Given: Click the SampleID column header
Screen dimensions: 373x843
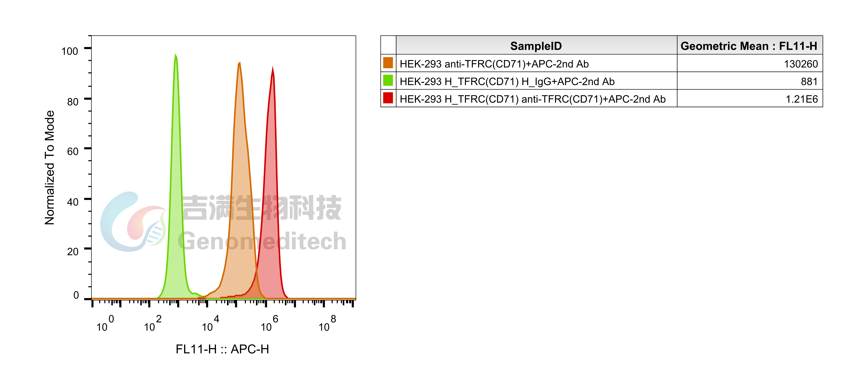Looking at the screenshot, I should (x=536, y=46).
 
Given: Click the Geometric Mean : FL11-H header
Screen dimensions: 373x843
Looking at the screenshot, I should (x=749, y=46).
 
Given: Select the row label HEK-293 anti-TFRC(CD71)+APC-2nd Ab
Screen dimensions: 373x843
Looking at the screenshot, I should (x=494, y=64).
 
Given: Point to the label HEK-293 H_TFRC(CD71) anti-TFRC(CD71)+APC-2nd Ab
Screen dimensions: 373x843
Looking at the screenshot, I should (x=532, y=99).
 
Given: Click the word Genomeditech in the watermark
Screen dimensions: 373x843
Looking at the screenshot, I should (x=262, y=241).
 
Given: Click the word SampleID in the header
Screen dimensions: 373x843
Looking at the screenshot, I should (x=536, y=46).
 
